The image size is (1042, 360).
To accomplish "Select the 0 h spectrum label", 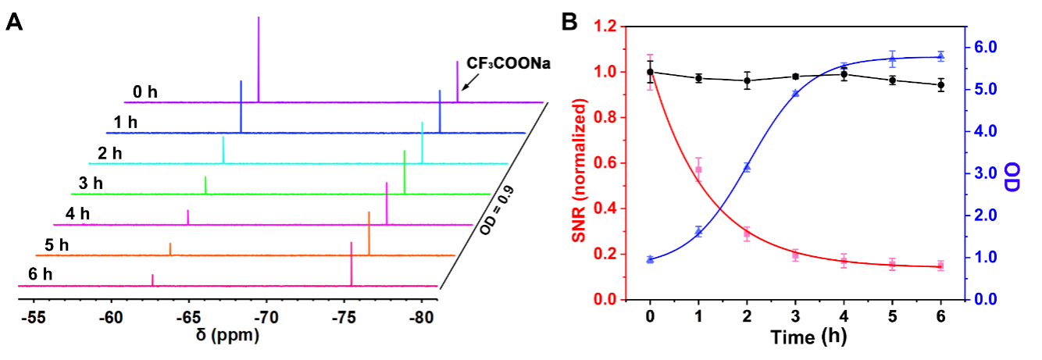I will coord(145,92).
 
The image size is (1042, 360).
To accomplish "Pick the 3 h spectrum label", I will coord(91,184).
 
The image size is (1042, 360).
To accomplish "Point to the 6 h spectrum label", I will coord(38,275).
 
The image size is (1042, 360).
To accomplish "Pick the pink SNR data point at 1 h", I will coord(699,169).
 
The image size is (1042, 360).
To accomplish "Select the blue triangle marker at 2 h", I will coord(747,167).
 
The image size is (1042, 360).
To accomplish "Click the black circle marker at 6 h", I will coord(940,84).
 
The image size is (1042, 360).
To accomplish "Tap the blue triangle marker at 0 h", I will coord(650,259).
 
